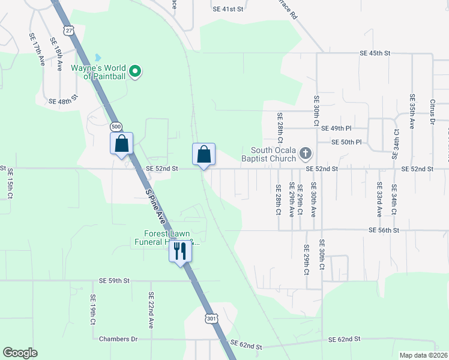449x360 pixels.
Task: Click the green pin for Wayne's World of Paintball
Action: [x=135, y=71]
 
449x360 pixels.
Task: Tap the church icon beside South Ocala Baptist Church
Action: [x=305, y=154]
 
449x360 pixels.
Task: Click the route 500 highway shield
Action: [x=116, y=127]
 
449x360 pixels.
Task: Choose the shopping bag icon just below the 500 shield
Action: [x=121, y=144]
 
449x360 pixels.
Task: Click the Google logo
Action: [x=20, y=353]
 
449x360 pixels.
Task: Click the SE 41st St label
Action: [x=228, y=10]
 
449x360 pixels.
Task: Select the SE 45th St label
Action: [x=375, y=53]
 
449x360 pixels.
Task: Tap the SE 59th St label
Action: [x=115, y=280]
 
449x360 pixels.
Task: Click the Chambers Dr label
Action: [x=118, y=339]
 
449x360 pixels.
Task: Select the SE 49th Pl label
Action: [x=336, y=128]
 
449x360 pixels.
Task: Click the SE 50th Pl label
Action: [x=348, y=142]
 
